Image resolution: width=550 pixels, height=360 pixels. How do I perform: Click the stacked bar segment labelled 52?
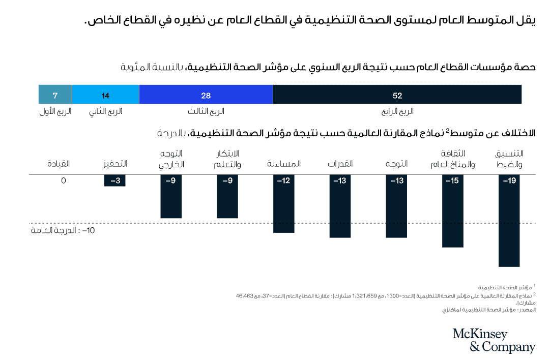(x=397, y=95)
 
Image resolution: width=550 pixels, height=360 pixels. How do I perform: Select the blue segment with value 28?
(x=206, y=95)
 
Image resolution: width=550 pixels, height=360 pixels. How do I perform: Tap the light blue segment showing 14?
(x=105, y=95)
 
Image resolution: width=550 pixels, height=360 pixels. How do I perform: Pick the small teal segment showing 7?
(x=55, y=95)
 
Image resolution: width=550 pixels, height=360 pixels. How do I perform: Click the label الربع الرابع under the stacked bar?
(x=397, y=111)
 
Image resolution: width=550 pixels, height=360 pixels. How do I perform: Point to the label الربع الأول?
(x=55, y=111)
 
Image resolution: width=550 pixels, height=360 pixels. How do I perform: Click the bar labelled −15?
(x=452, y=211)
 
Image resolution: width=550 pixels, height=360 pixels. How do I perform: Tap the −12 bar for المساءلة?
(x=284, y=203)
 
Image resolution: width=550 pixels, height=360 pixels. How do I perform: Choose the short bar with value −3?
(x=115, y=181)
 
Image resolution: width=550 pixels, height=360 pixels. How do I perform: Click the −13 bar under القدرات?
(x=340, y=206)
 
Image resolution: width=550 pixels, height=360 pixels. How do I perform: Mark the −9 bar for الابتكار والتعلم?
(x=227, y=196)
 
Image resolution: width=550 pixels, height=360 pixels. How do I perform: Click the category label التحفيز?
(x=115, y=164)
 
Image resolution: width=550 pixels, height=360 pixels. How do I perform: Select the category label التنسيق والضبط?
(x=509, y=159)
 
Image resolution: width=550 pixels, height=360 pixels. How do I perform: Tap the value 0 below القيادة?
(x=64, y=180)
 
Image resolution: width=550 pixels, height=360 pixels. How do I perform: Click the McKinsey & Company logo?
(x=494, y=340)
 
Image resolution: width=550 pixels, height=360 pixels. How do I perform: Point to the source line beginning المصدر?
(x=489, y=309)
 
